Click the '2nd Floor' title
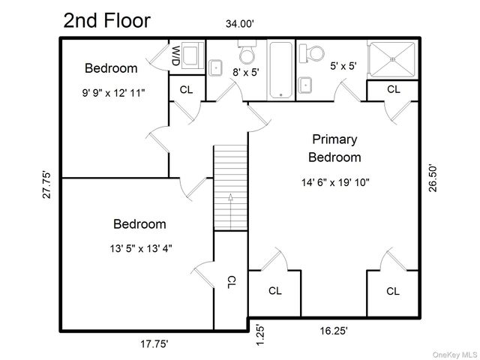tap(106, 20)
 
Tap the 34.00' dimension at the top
tap(240, 23)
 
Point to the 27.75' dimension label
tap(46, 184)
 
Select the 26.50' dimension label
tap(433, 178)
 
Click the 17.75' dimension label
tap(154, 343)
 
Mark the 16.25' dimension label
tap(334, 331)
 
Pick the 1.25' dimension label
tap(260, 335)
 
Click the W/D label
tap(175, 55)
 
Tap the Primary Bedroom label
tap(334, 148)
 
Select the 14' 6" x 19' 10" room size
tap(335, 182)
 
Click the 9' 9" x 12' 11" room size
tap(113, 93)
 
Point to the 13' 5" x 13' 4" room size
tap(141, 248)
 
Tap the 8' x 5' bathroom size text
tap(246, 72)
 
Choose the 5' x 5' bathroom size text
tap(343, 66)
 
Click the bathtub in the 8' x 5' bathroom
tap(281, 70)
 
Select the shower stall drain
tap(393, 58)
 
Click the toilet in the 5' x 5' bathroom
tap(312, 53)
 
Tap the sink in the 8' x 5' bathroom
tap(215, 67)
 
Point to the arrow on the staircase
tap(230, 211)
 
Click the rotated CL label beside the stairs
tap(232, 282)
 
